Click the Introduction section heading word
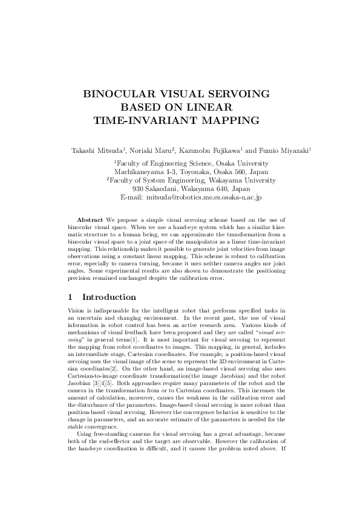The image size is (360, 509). (x=109, y=297)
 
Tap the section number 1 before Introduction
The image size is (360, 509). (x=71, y=297)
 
